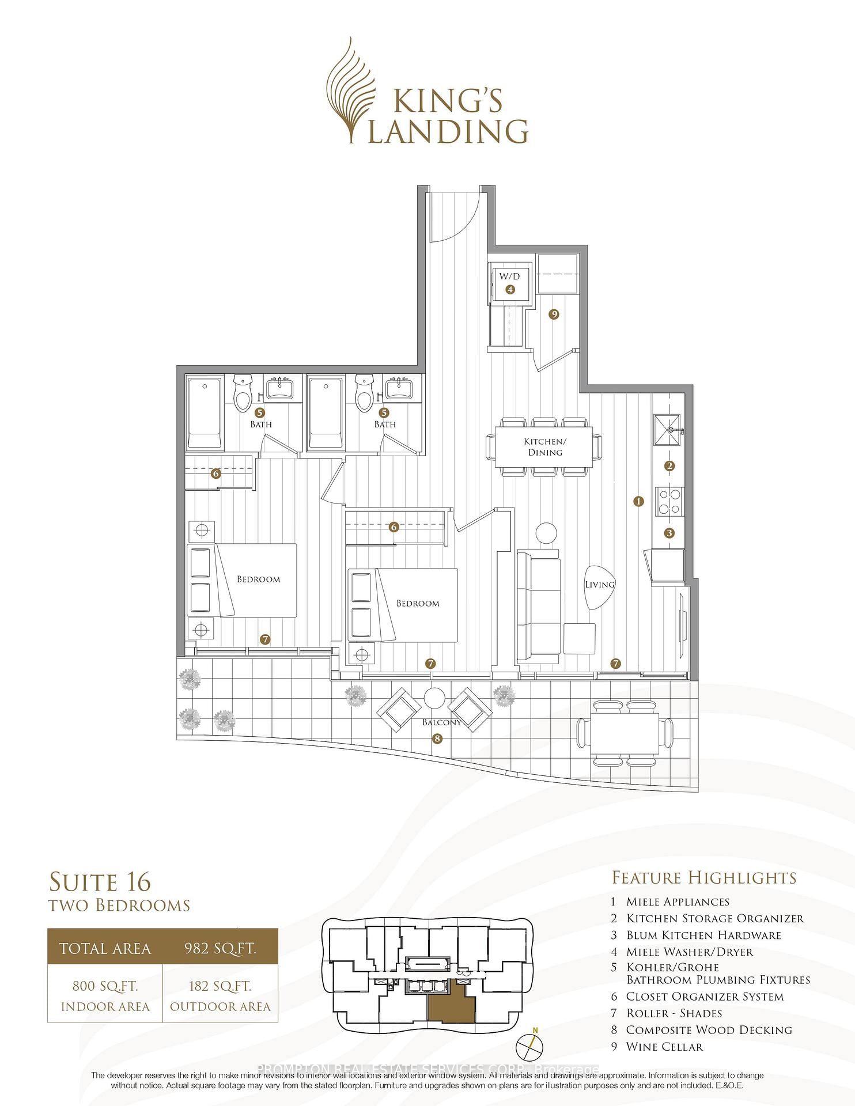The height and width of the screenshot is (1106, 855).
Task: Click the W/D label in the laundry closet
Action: click(x=509, y=276)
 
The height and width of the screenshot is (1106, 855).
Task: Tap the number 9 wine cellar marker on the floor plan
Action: click(x=554, y=314)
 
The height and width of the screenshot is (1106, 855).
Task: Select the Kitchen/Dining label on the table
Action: click(x=545, y=446)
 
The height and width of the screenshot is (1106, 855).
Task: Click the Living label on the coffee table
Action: click(x=600, y=584)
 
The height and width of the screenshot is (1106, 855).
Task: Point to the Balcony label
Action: click(x=441, y=722)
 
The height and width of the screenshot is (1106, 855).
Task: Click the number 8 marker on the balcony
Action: click(x=437, y=738)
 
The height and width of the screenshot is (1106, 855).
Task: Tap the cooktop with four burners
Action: click(x=669, y=501)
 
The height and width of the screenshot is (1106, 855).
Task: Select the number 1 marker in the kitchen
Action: click(x=638, y=501)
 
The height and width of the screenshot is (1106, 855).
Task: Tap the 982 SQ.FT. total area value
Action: click(x=220, y=949)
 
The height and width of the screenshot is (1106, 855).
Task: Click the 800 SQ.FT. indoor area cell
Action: click(x=105, y=996)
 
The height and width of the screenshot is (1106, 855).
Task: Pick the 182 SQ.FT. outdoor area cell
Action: click(x=220, y=996)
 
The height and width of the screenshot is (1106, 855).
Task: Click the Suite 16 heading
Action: click(x=100, y=882)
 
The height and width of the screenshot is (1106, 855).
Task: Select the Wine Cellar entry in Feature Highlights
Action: click(x=664, y=1047)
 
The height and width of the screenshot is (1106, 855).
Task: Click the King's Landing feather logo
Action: click(x=350, y=89)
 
